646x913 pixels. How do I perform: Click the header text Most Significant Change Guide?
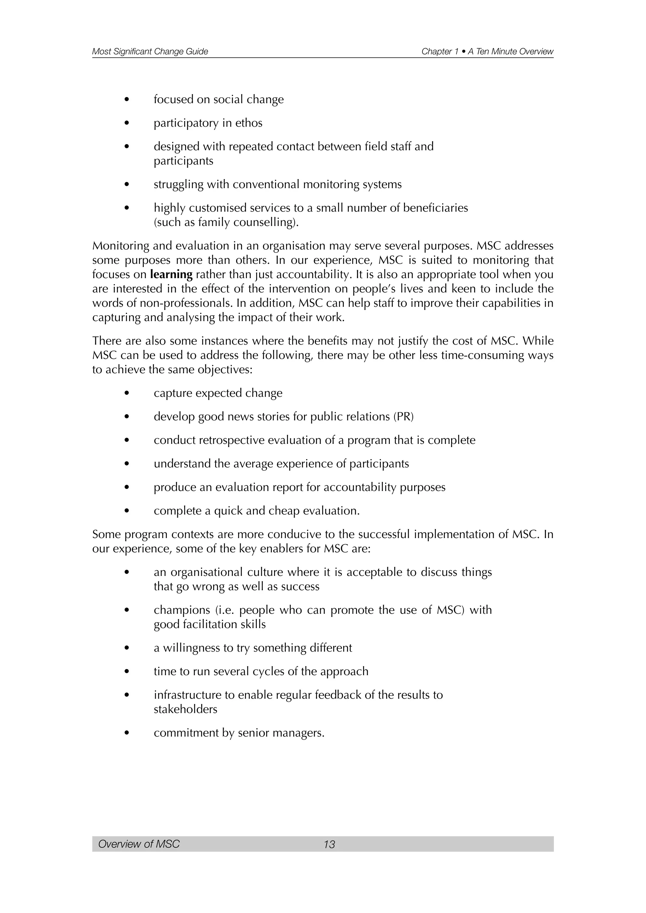(150, 51)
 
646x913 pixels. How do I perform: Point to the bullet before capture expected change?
(127, 393)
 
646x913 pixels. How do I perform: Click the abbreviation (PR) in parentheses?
(404, 417)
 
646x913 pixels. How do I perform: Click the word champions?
(182, 610)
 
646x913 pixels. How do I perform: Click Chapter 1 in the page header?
(437, 51)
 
